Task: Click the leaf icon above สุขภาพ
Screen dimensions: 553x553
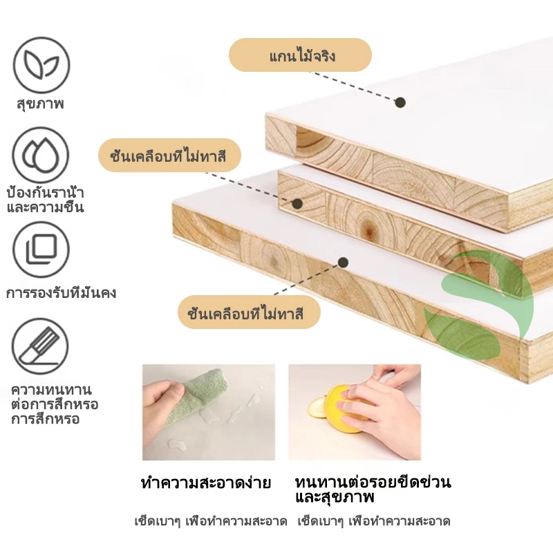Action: (x=41, y=65)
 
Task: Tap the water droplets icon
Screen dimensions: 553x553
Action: (x=41, y=155)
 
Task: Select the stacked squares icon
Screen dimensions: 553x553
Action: (x=41, y=250)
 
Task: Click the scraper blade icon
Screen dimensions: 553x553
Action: (x=40, y=346)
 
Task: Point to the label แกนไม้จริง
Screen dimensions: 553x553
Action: (x=302, y=56)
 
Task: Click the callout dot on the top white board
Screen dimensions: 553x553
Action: (x=400, y=102)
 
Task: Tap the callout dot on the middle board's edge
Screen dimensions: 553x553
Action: (x=298, y=203)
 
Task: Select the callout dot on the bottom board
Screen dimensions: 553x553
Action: (x=343, y=263)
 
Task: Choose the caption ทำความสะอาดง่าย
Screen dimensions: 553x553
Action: (x=206, y=482)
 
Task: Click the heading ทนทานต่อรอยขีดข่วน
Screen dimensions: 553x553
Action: (x=373, y=482)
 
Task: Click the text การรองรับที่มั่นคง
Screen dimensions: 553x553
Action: (x=61, y=292)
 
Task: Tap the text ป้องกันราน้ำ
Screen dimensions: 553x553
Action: (x=45, y=193)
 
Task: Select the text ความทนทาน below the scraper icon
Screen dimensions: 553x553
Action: (x=51, y=390)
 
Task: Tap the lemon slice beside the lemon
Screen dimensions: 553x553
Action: (x=317, y=408)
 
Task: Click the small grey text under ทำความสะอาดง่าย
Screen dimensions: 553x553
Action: (x=211, y=521)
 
